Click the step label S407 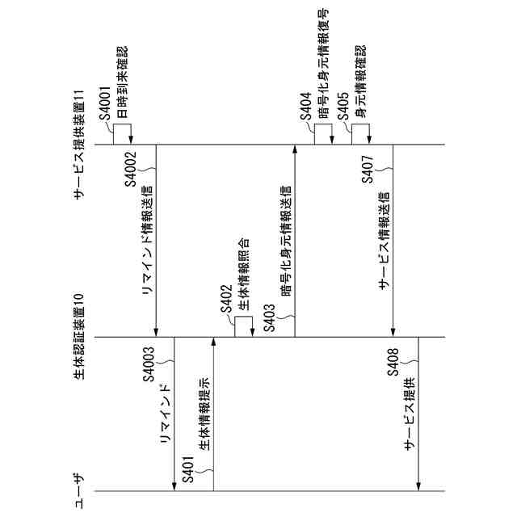pyautogui.click(x=368, y=166)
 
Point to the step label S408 pyautogui.click(x=393, y=368)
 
